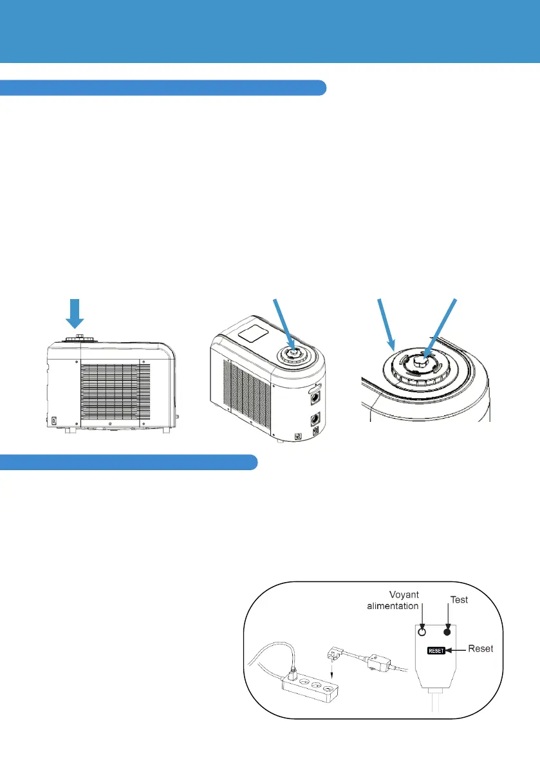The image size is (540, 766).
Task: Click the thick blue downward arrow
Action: [x=75, y=315]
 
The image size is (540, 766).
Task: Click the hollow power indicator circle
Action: [x=423, y=632]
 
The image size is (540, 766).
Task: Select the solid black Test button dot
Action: [x=445, y=632]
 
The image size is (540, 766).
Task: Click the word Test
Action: [x=459, y=599]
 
